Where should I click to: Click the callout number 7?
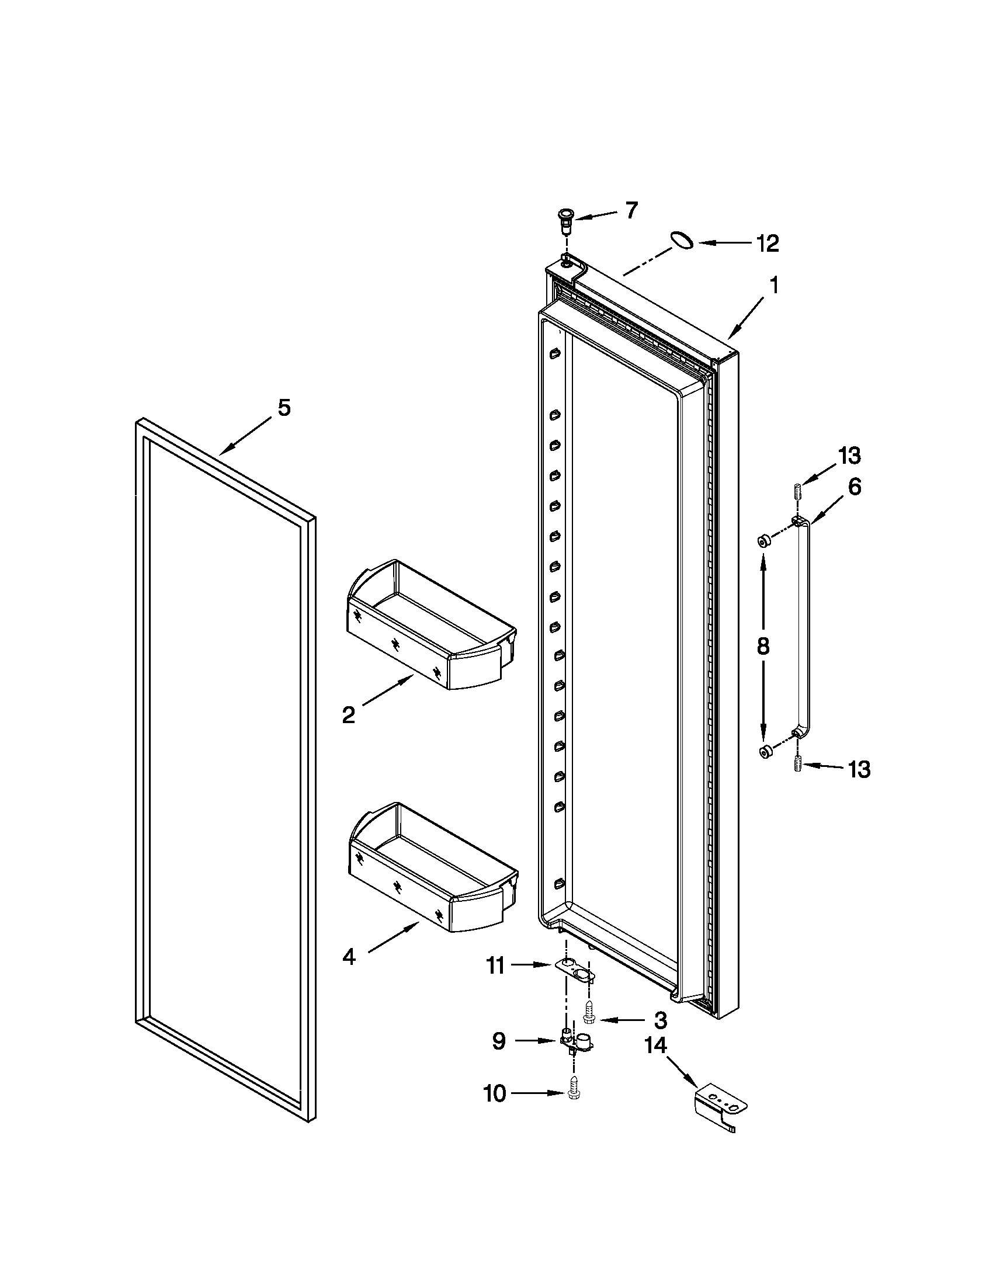pyautogui.click(x=631, y=210)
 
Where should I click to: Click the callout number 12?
pyautogui.click(x=768, y=243)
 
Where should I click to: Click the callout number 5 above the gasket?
pyautogui.click(x=284, y=408)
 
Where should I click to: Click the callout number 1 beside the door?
pyautogui.click(x=774, y=286)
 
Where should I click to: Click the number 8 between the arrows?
pyautogui.click(x=763, y=647)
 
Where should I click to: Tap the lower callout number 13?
pyautogui.click(x=859, y=769)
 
